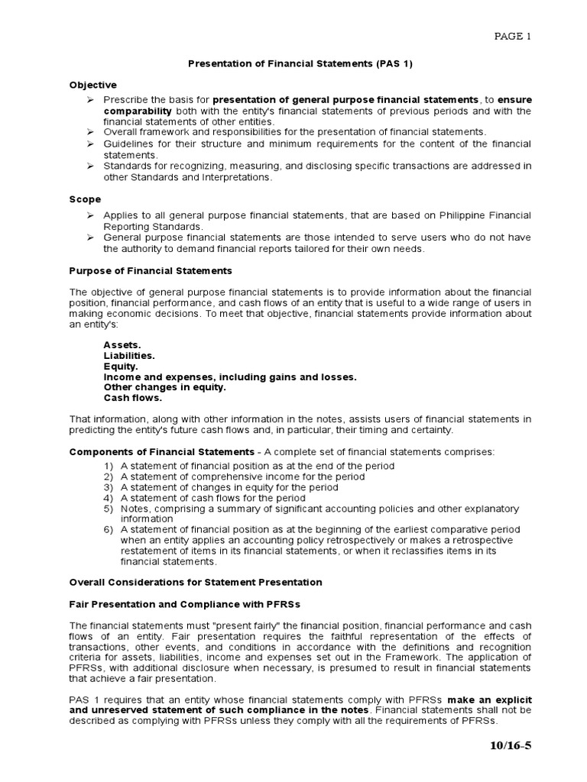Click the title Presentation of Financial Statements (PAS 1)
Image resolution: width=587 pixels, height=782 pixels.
pyautogui.click(x=300, y=64)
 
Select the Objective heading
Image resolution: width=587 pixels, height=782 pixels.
pyautogui.click(x=93, y=85)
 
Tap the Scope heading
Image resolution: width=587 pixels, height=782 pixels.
pyautogui.click(x=85, y=199)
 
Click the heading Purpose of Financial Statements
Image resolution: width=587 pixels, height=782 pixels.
pyautogui.click(x=151, y=271)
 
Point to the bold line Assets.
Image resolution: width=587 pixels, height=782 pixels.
pyautogui.click(x=122, y=345)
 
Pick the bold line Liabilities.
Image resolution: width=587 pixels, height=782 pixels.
pyautogui.click(x=129, y=356)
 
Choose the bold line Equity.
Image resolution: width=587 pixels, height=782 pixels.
pyautogui.click(x=121, y=367)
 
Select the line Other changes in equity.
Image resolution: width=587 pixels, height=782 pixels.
pyautogui.click(x=164, y=387)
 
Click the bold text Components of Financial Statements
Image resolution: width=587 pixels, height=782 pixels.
pyautogui.click(x=162, y=452)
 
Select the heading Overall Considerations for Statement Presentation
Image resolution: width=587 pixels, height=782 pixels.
pyautogui.click(x=196, y=582)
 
